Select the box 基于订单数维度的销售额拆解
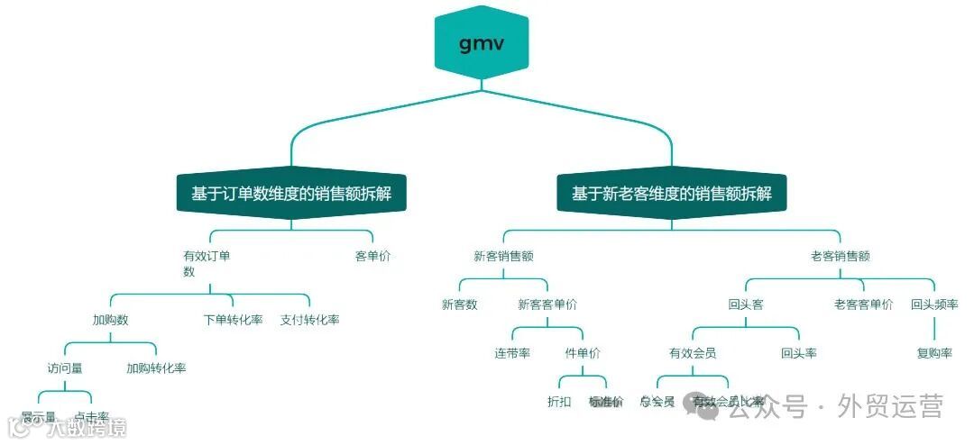click(x=290, y=194)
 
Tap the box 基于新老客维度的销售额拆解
click(x=671, y=194)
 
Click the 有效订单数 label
click(x=207, y=263)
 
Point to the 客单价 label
click(x=372, y=256)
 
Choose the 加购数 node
click(x=110, y=320)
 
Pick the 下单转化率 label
click(x=233, y=320)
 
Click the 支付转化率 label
click(x=309, y=320)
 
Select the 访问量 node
click(x=65, y=368)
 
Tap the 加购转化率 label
click(x=156, y=368)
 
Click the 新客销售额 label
click(x=503, y=256)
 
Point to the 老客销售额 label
click(x=840, y=256)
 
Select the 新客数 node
click(x=459, y=304)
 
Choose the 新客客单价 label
click(x=547, y=304)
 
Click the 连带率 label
click(x=511, y=353)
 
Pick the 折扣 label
click(x=559, y=402)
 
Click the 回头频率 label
click(x=934, y=304)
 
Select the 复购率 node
click(x=934, y=353)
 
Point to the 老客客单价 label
click(x=863, y=304)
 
